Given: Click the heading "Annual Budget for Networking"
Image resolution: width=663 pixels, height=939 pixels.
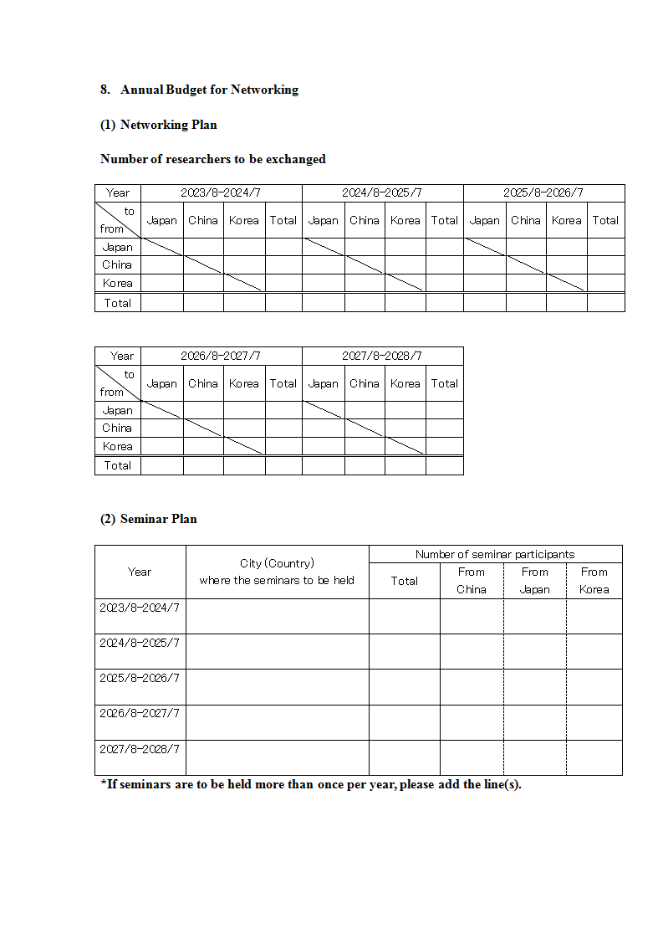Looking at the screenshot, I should coord(209,90).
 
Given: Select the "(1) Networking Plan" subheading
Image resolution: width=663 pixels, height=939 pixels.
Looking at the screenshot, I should coord(159,125).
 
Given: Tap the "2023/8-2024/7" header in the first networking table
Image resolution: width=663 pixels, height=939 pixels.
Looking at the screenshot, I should coord(221,193).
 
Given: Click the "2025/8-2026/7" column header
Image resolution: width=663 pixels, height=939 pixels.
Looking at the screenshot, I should coord(543,193).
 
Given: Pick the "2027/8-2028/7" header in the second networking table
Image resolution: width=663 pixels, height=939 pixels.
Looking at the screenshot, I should coord(382,357).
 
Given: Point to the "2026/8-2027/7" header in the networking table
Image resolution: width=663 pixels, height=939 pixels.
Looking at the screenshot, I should coord(221,357).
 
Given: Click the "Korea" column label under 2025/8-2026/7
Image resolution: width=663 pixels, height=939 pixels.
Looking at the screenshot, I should coord(566,221).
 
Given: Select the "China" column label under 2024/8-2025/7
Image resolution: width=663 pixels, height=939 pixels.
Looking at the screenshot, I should coord(365,221).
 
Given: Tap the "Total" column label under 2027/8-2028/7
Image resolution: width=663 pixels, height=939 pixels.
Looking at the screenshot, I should coord(444,384).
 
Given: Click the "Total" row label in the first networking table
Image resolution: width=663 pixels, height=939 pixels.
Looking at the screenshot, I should coord(118,303).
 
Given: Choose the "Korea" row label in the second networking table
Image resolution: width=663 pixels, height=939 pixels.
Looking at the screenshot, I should coord(118,447).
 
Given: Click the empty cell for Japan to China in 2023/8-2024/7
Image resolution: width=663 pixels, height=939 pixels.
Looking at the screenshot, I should coord(203,247).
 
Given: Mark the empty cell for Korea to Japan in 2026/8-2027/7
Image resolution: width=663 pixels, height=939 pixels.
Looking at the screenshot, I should coord(162,447).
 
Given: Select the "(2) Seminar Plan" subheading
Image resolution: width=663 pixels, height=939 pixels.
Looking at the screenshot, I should coord(149,519).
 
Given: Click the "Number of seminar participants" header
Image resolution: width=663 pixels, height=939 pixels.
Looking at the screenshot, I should coord(495,554).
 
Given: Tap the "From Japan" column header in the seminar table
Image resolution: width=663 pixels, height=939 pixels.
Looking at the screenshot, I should coord(535,581).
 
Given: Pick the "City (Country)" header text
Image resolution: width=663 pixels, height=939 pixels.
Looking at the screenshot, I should coord(277,563).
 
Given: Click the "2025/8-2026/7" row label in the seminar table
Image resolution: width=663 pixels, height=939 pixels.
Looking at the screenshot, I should coord(140,678).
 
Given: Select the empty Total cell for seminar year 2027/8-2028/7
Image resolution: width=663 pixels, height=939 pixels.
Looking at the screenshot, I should coord(405,757).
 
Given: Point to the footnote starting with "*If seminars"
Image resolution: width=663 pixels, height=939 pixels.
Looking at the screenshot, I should coord(311,785).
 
